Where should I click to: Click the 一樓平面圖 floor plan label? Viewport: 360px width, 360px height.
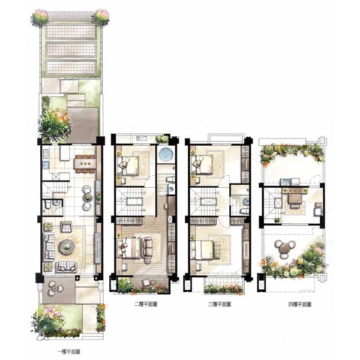point(68,352)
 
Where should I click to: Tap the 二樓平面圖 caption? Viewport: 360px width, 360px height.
point(146,304)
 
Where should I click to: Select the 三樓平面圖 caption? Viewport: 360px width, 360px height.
point(220,304)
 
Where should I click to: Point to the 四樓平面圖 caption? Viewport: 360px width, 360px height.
point(300,304)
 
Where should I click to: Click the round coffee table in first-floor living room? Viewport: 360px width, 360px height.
point(67,247)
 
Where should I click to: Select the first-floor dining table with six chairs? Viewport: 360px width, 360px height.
point(85,164)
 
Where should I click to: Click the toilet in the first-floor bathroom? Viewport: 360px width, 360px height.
point(47,204)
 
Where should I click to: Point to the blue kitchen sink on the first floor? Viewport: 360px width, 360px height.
point(46,165)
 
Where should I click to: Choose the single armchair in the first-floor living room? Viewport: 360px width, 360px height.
point(66,227)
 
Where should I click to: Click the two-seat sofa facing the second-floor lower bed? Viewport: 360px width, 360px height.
point(148,247)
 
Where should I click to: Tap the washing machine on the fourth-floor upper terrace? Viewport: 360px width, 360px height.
point(285,182)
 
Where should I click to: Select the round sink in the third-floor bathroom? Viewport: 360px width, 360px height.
point(245,202)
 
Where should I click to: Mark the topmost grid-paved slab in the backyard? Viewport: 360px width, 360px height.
point(71,31)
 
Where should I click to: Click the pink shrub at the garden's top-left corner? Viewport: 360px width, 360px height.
point(40,17)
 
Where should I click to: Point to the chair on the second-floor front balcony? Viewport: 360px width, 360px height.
point(146,282)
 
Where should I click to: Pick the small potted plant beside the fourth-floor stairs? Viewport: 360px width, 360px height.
point(277,220)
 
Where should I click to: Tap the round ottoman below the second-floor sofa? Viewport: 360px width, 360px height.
point(148,261)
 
